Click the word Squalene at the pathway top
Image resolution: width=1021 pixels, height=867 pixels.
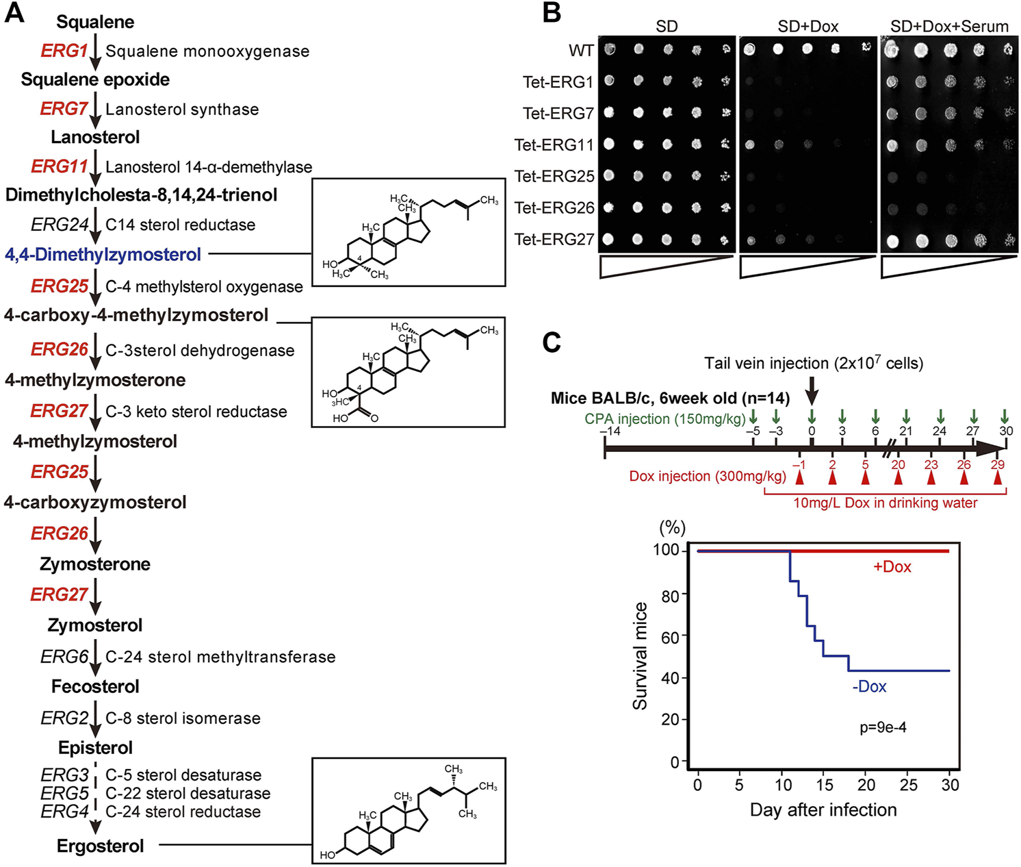(x=95, y=22)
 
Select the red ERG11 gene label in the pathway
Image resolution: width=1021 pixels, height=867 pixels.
(x=60, y=166)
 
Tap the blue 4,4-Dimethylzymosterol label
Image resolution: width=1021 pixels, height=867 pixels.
(x=103, y=255)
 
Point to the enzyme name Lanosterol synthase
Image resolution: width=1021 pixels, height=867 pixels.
(x=182, y=110)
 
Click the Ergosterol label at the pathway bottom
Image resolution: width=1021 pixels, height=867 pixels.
(x=101, y=846)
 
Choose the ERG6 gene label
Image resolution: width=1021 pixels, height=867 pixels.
(x=64, y=657)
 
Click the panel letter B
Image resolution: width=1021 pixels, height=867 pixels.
(x=552, y=14)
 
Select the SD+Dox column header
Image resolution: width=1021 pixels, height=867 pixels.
(x=807, y=27)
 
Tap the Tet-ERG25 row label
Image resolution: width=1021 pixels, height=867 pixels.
(x=554, y=176)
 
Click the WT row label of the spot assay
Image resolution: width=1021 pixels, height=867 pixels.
(x=581, y=51)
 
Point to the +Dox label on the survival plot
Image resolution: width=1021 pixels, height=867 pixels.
(x=892, y=567)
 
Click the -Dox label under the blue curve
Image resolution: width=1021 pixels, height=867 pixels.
(x=869, y=687)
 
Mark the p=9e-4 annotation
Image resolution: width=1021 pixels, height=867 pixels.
(x=883, y=727)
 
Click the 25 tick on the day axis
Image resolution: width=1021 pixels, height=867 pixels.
(x=908, y=785)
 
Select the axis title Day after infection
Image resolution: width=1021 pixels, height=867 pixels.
(x=823, y=810)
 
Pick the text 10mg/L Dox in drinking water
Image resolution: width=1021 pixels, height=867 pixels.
(x=885, y=503)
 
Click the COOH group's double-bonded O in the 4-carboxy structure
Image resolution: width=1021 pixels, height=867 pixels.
(x=374, y=418)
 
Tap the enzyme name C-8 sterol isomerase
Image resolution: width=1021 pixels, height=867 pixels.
(x=183, y=718)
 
